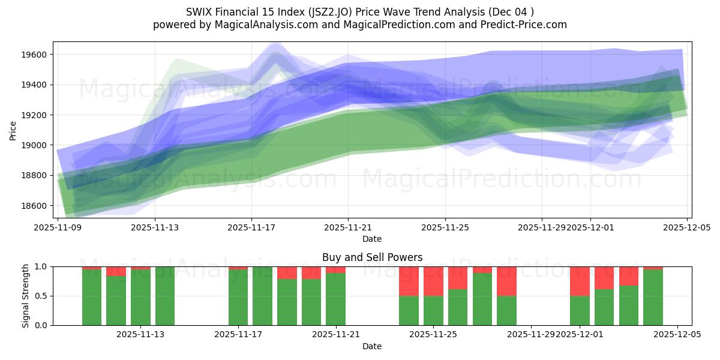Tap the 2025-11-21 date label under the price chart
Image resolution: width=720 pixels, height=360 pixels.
click(x=348, y=228)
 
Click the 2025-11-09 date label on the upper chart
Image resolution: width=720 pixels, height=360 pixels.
click(x=58, y=228)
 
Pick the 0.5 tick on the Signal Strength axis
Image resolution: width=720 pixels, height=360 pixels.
click(x=43, y=296)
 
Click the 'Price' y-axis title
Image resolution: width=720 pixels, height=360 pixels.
click(x=13, y=130)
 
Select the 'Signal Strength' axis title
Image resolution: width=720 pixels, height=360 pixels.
click(x=25, y=296)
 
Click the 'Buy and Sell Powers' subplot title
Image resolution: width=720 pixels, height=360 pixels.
click(x=372, y=257)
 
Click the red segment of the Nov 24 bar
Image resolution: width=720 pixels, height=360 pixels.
click(x=409, y=281)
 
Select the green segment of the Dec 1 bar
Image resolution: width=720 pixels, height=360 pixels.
click(x=580, y=310)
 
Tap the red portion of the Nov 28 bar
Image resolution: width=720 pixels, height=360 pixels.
click(x=506, y=281)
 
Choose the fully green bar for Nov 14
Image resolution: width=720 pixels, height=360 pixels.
click(x=165, y=296)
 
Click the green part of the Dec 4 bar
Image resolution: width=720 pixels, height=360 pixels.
click(x=653, y=297)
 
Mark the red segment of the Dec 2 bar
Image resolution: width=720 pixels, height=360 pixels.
click(x=604, y=278)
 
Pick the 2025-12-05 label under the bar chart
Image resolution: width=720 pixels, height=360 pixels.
click(x=677, y=335)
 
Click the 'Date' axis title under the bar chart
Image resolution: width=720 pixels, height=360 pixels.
click(x=372, y=346)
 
